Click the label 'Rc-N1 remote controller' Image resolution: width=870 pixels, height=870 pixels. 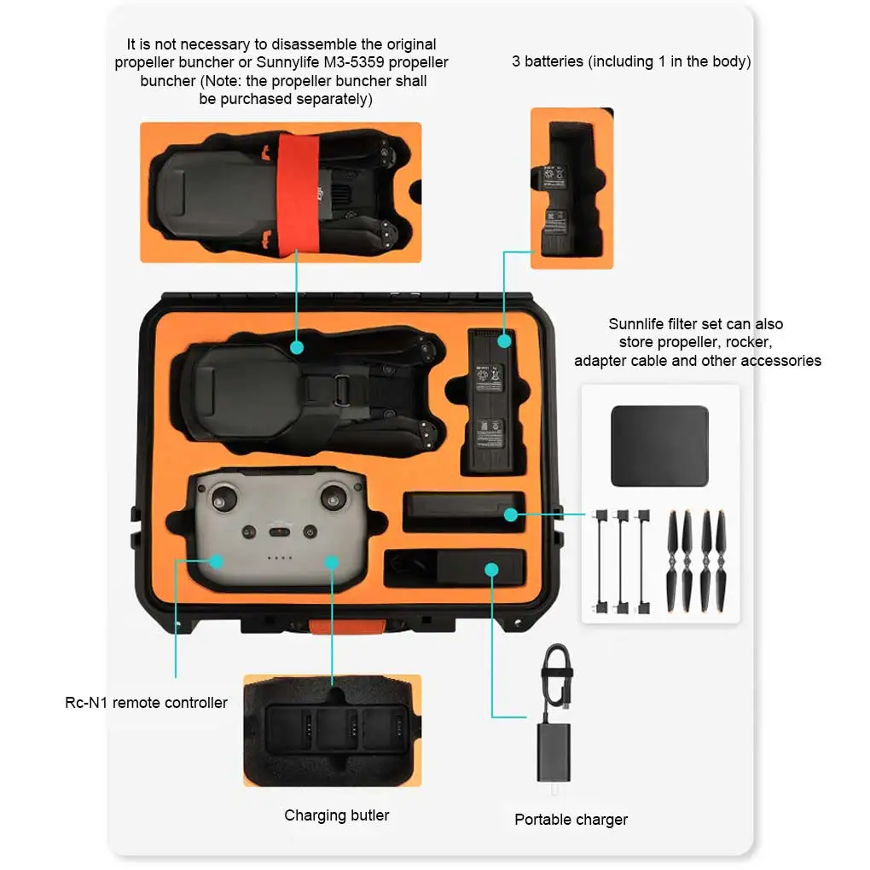147,703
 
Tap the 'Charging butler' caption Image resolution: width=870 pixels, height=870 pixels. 336,815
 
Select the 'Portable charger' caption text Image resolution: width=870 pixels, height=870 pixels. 571,820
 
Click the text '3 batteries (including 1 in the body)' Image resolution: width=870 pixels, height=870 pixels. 631,61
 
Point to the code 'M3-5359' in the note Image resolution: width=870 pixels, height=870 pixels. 356,62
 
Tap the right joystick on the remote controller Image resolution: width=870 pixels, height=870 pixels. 334,499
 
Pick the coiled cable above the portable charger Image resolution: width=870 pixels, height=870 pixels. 557,674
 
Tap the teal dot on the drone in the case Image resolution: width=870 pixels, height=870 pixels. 296,347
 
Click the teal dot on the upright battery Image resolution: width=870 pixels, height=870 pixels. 504,341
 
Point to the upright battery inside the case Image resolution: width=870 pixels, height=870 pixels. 491,401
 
